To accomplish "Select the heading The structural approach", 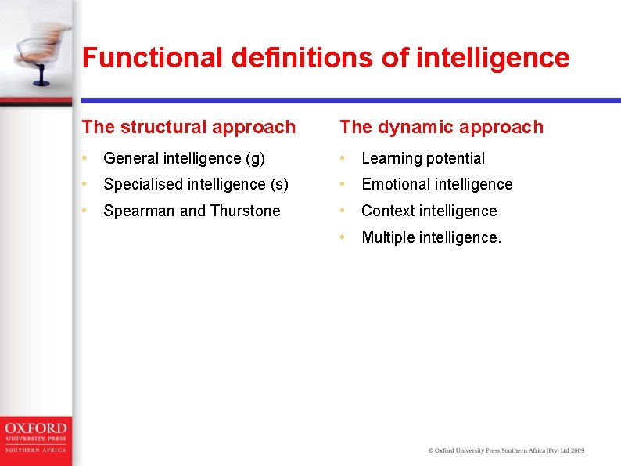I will click(x=188, y=127).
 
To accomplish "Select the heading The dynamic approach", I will click(x=441, y=127).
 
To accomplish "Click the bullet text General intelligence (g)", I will click(x=184, y=158).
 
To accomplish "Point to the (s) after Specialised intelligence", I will click(x=279, y=185).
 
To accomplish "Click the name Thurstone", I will click(x=245, y=211).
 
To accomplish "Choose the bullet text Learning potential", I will click(x=423, y=158).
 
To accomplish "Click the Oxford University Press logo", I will click(x=35, y=436).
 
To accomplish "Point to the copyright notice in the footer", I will click(x=506, y=450).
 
